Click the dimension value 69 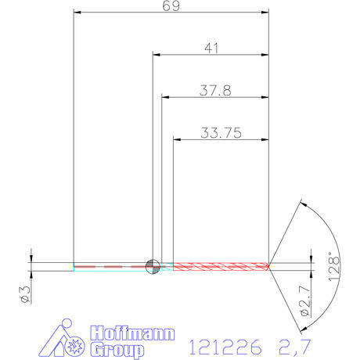(x=171, y=6)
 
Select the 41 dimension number (x=211, y=49)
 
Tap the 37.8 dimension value (x=214, y=90)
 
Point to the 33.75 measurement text (x=220, y=132)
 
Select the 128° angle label (x=334, y=265)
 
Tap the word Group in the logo (x=117, y=349)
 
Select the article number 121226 (x=227, y=345)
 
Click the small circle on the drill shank (x=152, y=265)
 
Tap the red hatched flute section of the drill (x=219, y=266)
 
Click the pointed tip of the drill (x=270, y=266)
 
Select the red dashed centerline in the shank (x=110, y=266)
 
